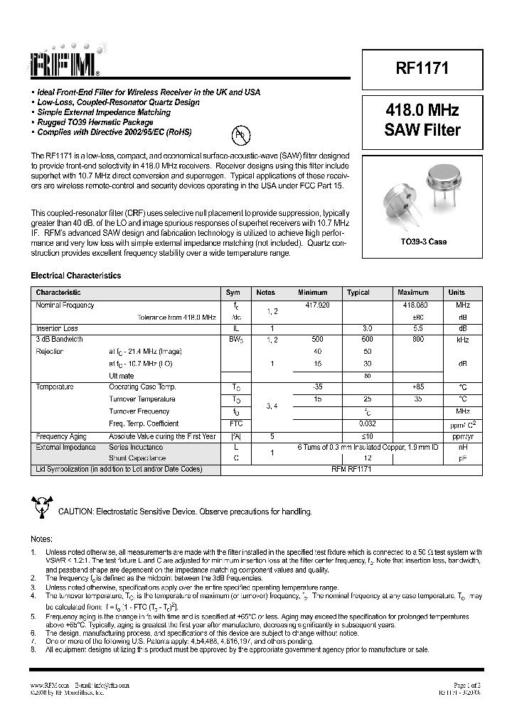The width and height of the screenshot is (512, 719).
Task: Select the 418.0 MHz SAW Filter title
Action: pos(422,120)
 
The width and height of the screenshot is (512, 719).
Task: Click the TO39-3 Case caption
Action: pos(423,242)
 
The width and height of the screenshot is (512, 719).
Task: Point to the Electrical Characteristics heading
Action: pos(75,276)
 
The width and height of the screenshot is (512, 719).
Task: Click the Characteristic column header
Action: pos(58,293)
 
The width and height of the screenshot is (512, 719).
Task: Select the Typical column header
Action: pos(358,293)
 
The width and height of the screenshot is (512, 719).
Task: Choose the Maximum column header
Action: pos(413,293)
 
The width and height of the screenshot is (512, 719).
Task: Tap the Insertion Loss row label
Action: pos(57,329)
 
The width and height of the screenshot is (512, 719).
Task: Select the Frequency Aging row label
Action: pos(61,436)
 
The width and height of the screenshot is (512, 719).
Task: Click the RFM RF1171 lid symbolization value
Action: pos(352,470)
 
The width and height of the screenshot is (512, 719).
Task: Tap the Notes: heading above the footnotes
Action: pos(41,539)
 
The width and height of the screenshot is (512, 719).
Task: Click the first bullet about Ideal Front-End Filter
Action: pos(149,92)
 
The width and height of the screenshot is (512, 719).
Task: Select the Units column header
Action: pos(457,293)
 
